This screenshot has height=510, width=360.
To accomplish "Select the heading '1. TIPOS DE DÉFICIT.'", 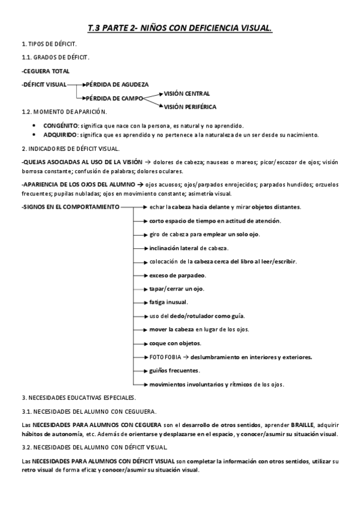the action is (49, 45).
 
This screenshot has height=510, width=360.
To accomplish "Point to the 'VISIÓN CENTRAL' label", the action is (187, 94).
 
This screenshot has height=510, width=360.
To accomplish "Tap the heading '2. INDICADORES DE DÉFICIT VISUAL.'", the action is (70, 148).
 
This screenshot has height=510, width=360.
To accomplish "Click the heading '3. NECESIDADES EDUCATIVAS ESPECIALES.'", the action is (79, 398).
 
